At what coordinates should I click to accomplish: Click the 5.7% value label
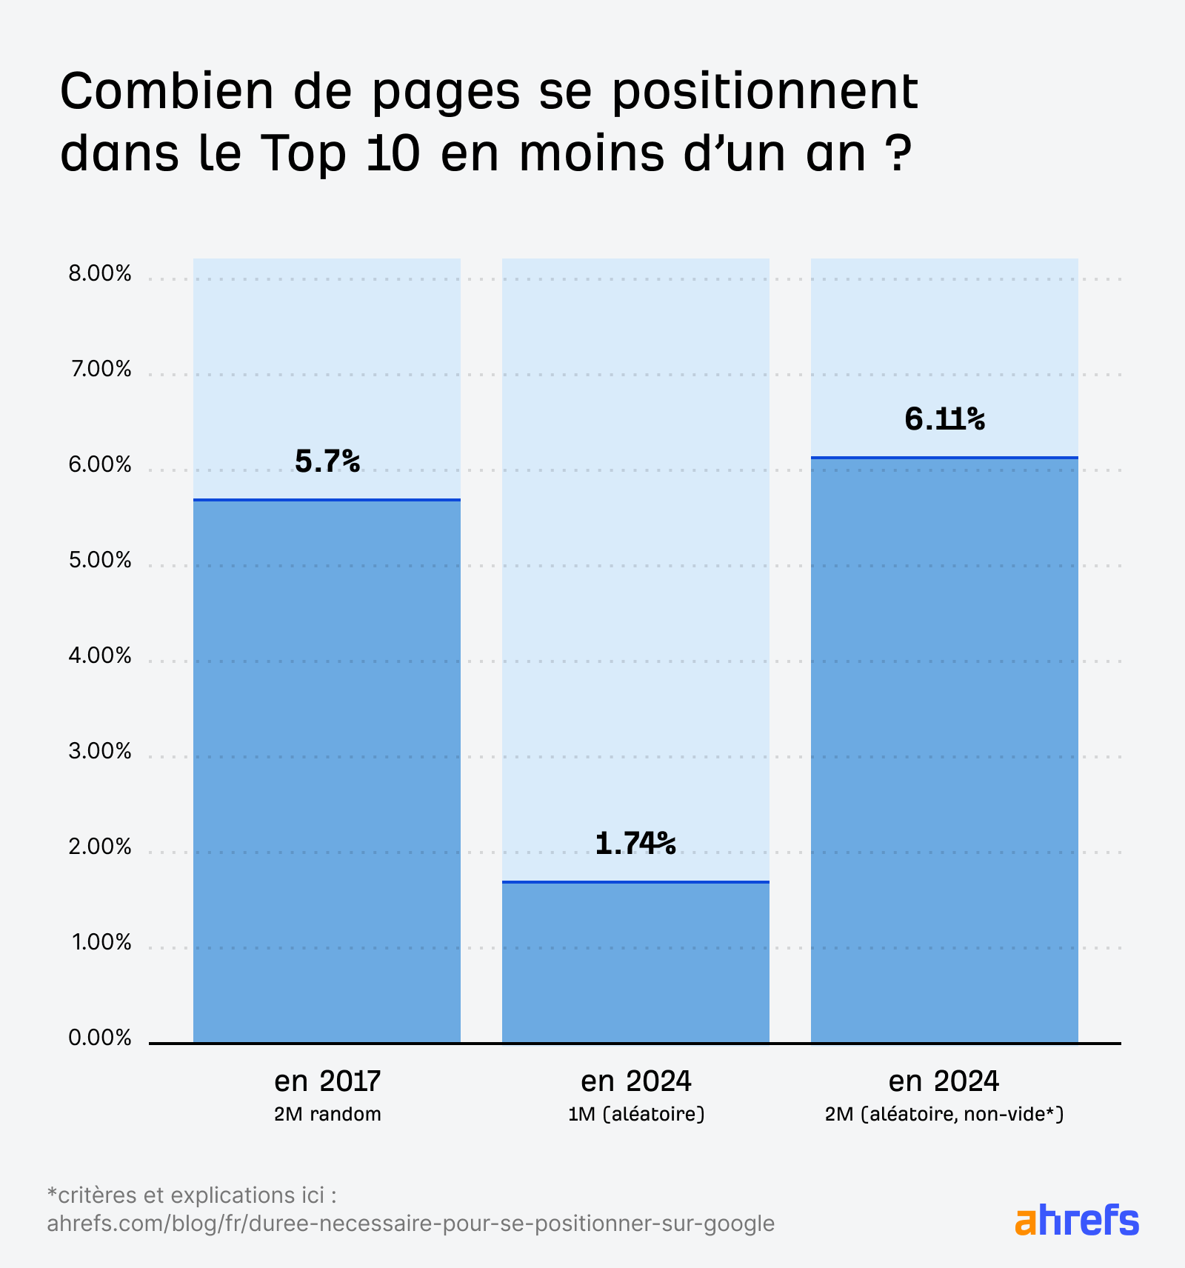click(x=327, y=461)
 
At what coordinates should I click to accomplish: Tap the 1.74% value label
click(x=635, y=843)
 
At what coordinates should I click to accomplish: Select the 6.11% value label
click(x=944, y=419)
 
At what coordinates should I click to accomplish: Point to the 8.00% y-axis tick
click(x=100, y=274)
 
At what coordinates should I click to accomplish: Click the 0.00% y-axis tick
click(x=100, y=1038)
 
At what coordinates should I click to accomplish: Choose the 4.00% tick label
click(x=100, y=655)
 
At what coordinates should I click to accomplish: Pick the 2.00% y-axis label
click(x=100, y=847)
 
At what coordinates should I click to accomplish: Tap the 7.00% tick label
click(x=100, y=369)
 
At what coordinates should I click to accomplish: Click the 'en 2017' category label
click(x=327, y=1081)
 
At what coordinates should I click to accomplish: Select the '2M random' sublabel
click(x=327, y=1114)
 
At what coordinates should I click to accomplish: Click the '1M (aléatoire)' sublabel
click(x=635, y=1114)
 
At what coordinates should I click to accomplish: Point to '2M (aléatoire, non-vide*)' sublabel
click(x=944, y=1114)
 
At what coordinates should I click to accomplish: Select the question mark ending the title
click(x=897, y=153)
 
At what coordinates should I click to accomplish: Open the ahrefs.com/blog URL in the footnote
click(x=410, y=1223)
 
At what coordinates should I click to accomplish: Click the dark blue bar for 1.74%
click(x=635, y=963)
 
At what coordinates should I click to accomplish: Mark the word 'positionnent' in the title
click(x=766, y=93)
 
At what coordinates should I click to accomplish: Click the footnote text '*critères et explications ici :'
click(x=192, y=1195)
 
